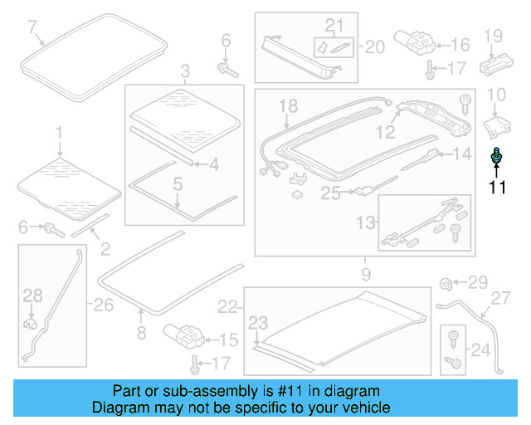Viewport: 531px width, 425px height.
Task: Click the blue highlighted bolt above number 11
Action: [x=497, y=155]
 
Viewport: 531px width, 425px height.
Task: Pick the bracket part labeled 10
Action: [x=495, y=127]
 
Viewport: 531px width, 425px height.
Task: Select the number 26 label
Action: [x=103, y=305]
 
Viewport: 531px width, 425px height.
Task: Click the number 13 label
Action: [x=363, y=222]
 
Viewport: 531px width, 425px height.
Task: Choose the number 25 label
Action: [x=331, y=193]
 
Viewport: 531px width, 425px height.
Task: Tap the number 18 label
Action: [x=287, y=105]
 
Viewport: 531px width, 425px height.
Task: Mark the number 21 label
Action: [x=334, y=25]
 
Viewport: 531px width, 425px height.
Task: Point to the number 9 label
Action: [x=366, y=272]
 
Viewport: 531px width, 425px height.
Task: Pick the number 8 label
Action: [x=141, y=334]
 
